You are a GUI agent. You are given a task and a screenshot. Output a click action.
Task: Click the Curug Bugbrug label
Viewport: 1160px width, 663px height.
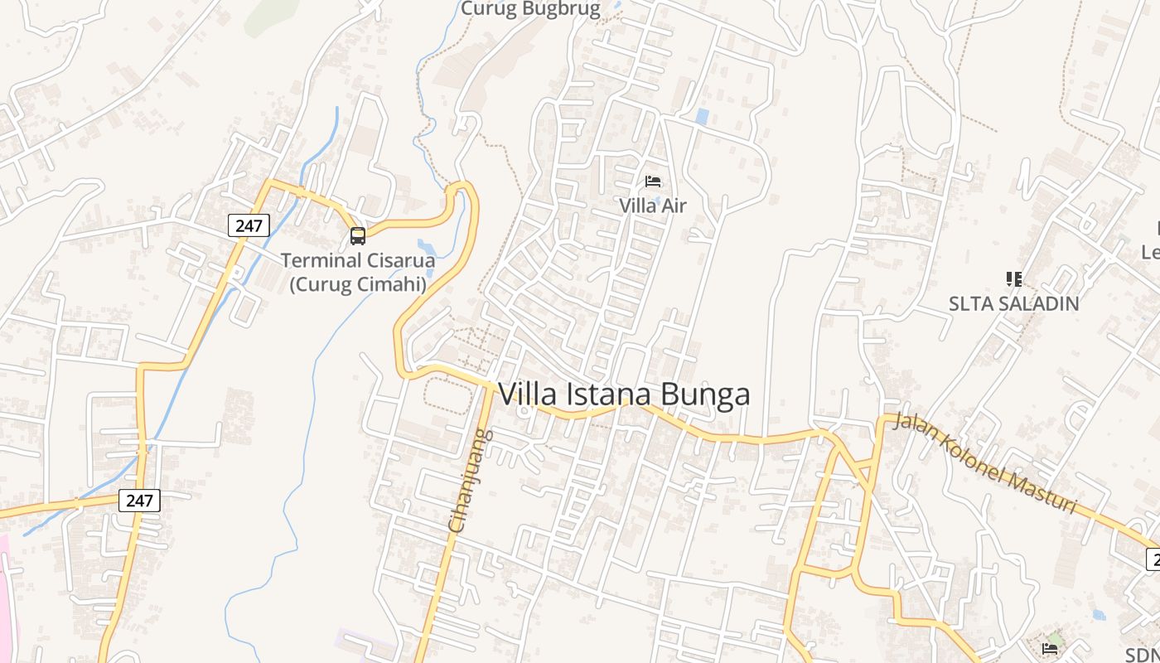click(529, 9)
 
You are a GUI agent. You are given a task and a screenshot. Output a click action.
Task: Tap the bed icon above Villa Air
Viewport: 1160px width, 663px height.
click(653, 181)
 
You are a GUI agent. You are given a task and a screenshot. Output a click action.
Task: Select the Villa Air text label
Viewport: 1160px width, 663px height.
click(653, 205)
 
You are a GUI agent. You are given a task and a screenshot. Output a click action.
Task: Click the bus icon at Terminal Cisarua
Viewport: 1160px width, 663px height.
click(358, 236)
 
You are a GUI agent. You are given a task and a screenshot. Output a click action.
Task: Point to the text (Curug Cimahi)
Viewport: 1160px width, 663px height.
click(358, 284)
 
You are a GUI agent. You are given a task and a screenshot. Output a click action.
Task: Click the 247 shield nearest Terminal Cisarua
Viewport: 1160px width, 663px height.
click(249, 225)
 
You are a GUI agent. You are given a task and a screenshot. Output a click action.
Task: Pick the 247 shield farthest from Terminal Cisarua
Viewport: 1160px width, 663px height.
click(139, 500)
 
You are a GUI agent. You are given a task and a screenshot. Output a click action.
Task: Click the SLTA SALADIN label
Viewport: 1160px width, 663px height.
click(1013, 303)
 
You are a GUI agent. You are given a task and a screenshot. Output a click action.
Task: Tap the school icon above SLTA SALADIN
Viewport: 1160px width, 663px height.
click(1013, 278)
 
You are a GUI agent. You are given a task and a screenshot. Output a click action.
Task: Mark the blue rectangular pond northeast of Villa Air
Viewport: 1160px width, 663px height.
click(702, 117)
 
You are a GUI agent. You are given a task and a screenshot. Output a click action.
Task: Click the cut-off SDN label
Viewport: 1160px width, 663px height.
click(1143, 655)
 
